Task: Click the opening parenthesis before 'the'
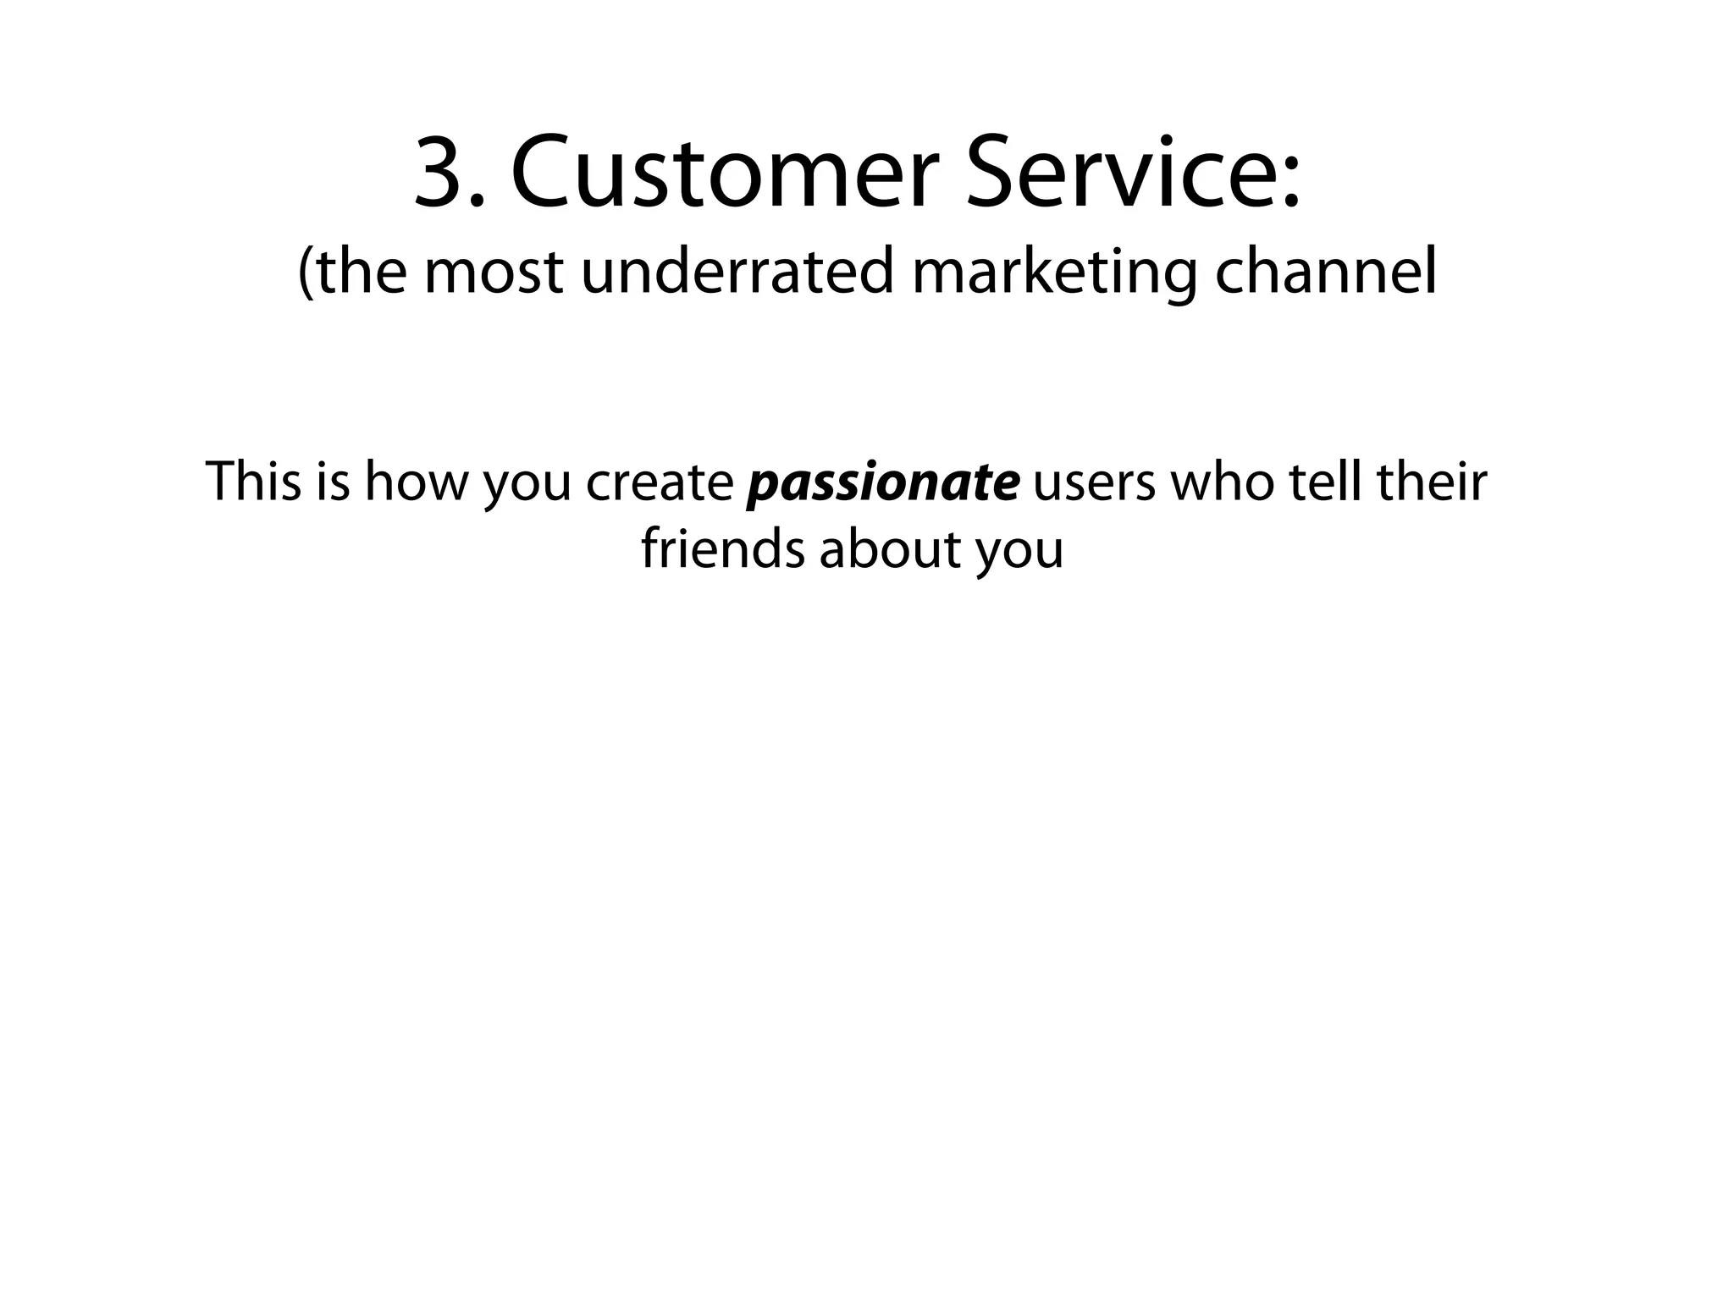click(x=306, y=273)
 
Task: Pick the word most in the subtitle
click(x=493, y=273)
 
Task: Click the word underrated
click(x=737, y=273)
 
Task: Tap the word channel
click(x=1326, y=273)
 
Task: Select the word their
click(x=1432, y=481)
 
